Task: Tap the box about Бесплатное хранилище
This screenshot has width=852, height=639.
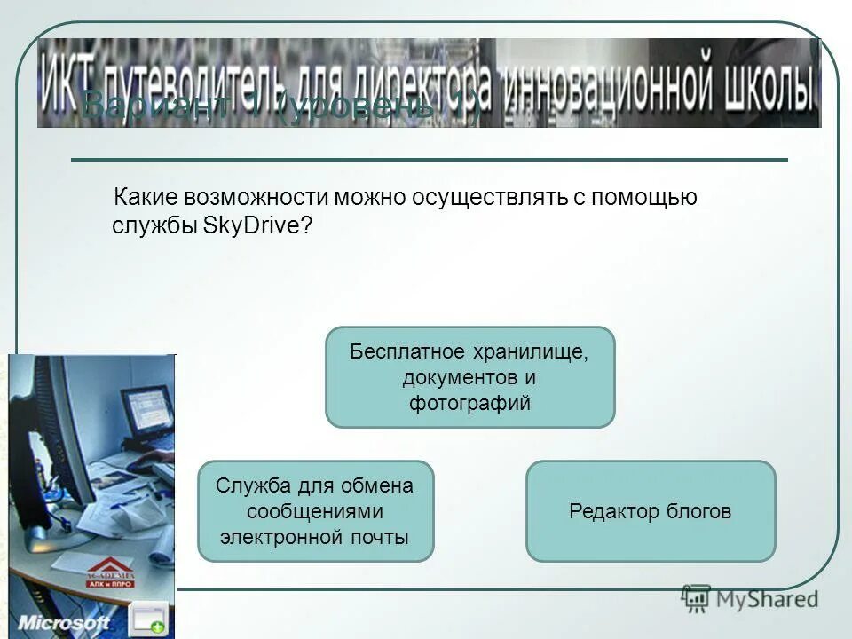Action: pos(469,377)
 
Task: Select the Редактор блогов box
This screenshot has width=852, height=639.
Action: pos(651,511)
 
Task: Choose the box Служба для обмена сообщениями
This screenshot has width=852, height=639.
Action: pos(315,511)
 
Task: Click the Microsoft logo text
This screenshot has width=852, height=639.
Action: pos(64,622)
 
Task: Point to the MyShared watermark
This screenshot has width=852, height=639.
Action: pos(750,599)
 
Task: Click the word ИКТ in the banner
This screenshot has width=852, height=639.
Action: pos(67,84)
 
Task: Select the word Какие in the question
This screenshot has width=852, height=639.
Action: pos(146,197)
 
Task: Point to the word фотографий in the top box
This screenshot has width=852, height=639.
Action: pos(469,403)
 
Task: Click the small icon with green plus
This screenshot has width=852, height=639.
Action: pos(146,619)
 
